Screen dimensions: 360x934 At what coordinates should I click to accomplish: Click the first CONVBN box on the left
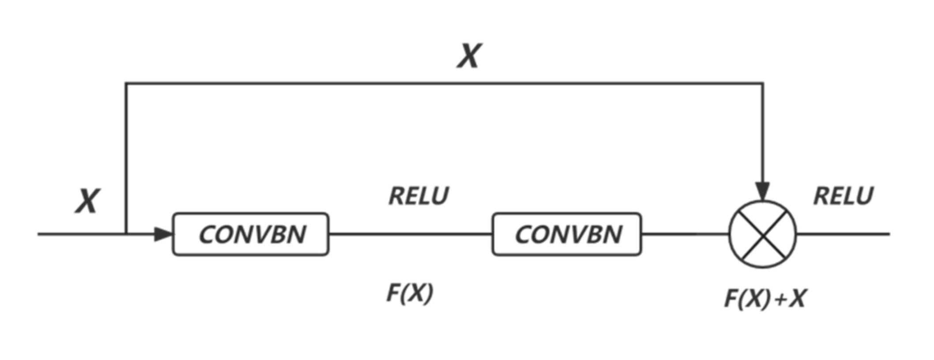(x=250, y=234)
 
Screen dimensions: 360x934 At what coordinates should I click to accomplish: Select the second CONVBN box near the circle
(x=567, y=234)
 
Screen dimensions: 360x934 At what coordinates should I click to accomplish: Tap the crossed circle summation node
(x=763, y=234)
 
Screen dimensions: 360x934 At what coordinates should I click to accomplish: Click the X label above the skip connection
(x=469, y=56)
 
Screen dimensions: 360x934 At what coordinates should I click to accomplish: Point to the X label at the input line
(x=87, y=201)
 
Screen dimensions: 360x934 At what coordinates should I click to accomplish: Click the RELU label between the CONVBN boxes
(x=418, y=196)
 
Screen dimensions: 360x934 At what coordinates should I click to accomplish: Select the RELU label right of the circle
(x=843, y=196)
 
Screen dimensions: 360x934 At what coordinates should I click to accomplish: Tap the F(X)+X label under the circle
(x=765, y=299)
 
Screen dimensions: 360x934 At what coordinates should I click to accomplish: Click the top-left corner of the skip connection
(x=126, y=83)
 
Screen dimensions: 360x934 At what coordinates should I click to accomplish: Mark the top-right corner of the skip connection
(x=763, y=83)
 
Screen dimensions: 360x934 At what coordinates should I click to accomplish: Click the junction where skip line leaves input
(x=126, y=234)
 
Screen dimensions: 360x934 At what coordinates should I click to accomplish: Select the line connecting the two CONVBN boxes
(x=411, y=234)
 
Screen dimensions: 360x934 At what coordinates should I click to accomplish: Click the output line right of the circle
(x=843, y=234)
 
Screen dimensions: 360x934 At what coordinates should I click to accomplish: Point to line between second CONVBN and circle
(x=684, y=234)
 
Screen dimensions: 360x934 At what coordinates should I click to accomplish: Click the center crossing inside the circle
(x=763, y=234)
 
